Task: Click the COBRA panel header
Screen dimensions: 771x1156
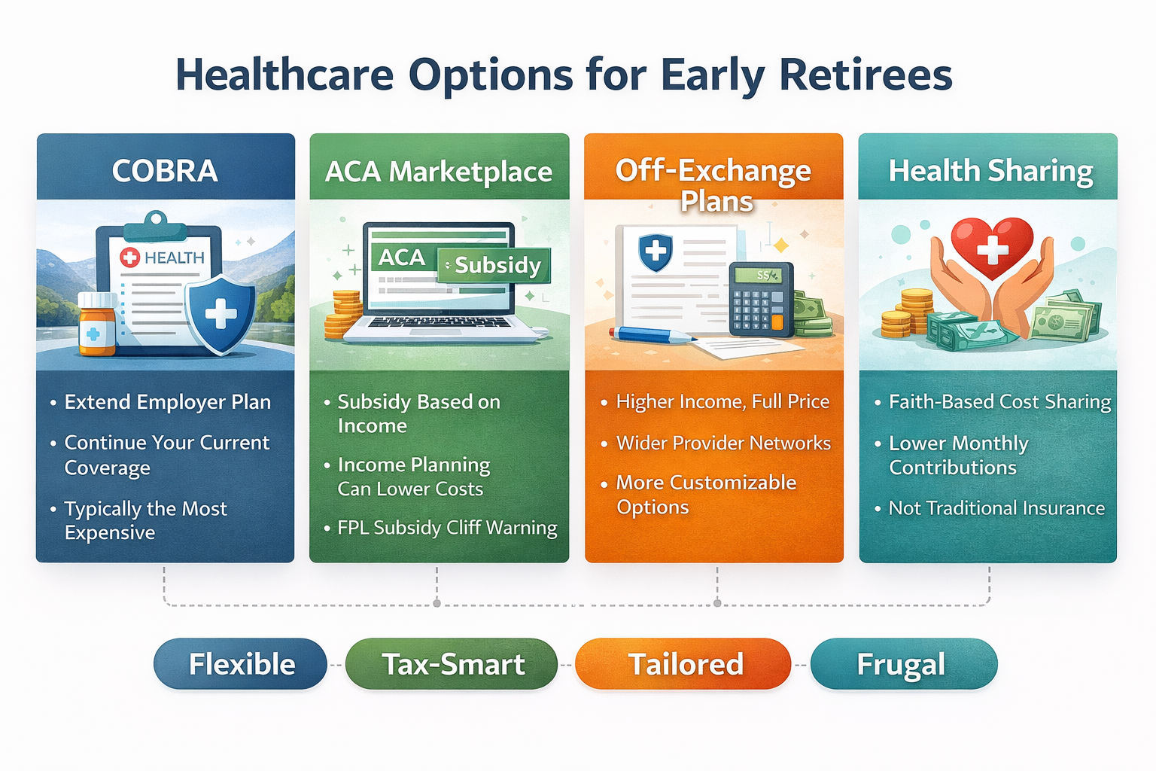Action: click(x=165, y=171)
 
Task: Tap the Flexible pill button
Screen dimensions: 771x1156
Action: click(x=241, y=664)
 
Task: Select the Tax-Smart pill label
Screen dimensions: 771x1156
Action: click(x=452, y=664)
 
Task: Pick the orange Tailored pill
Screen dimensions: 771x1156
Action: click(x=684, y=664)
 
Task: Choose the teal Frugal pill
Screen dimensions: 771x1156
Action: click(x=902, y=664)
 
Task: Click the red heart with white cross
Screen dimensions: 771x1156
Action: click(x=991, y=247)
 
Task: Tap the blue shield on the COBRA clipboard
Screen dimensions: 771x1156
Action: click(x=221, y=313)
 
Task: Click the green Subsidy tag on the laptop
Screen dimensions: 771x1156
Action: click(x=494, y=265)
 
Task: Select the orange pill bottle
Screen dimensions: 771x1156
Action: click(x=97, y=325)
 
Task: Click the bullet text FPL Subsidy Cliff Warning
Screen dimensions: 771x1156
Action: click(x=447, y=528)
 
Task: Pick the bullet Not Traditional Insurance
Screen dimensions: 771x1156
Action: click(x=996, y=508)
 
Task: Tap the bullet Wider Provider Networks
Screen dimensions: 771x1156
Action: click(x=723, y=443)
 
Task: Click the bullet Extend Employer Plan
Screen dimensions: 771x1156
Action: click(x=167, y=402)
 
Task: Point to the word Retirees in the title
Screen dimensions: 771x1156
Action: click(x=865, y=75)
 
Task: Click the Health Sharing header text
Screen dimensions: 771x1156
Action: click(x=990, y=171)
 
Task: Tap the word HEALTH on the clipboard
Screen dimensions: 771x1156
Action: click(x=174, y=258)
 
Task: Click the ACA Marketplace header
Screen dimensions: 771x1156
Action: click(x=439, y=172)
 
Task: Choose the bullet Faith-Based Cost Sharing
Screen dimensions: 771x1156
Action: click(x=999, y=402)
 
